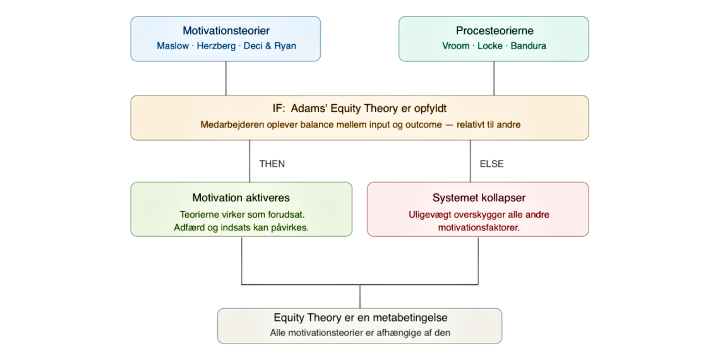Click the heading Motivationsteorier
pos(225,31)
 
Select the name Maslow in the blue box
pos(172,46)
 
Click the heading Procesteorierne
pos(494,31)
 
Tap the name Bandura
pos(529,46)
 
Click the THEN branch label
pos(272,164)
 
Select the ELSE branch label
pos(491,164)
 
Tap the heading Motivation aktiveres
pos(241,198)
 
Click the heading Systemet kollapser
pos(478,198)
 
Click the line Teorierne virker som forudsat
pos(241,215)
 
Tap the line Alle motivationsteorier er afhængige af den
pos(360,332)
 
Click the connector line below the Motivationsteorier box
pos(225,78)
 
